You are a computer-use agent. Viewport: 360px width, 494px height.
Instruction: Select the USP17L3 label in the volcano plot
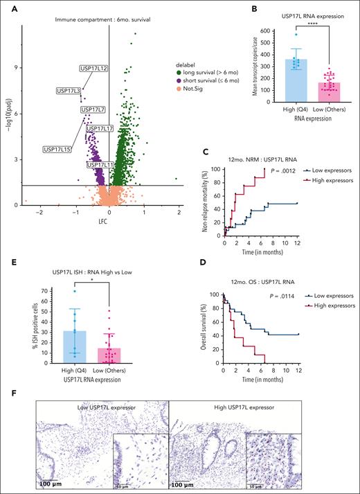click(x=69, y=90)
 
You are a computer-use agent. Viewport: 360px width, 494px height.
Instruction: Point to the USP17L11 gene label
click(x=100, y=165)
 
